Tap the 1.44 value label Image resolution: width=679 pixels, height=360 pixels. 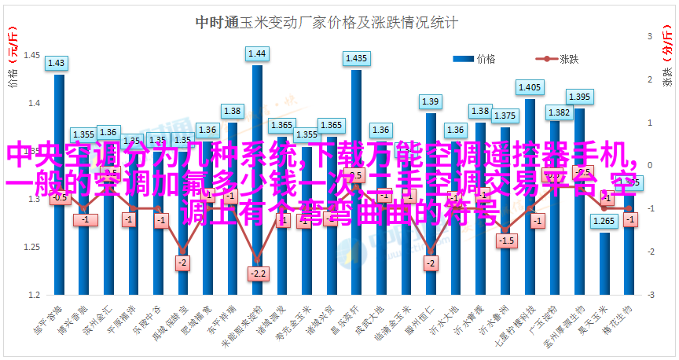pos(257,53)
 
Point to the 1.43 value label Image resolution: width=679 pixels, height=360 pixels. pos(57,63)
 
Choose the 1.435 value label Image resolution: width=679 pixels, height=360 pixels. pos(355,58)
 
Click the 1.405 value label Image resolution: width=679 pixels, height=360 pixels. pos(530,87)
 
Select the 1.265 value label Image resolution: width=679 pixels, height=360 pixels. pos(604,221)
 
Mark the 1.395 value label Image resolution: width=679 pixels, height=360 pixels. pos(579,97)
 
